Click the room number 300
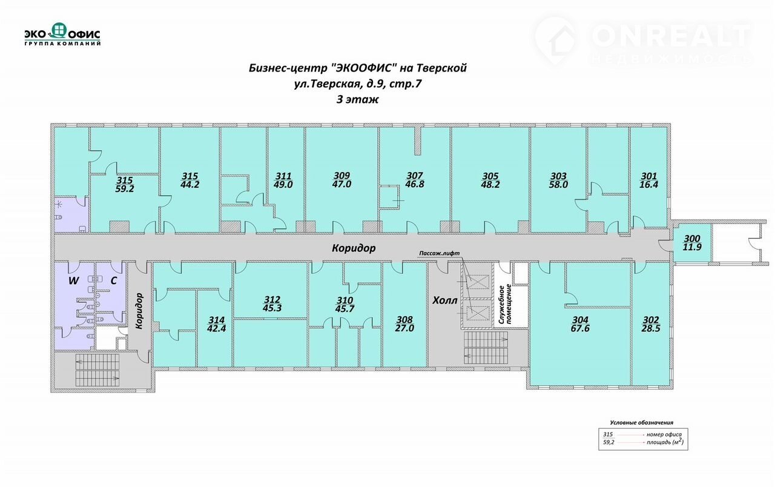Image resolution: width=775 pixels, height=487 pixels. pos(692,239)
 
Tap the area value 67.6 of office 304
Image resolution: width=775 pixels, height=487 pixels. pos(580,328)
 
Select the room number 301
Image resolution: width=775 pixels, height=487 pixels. pos(648,176)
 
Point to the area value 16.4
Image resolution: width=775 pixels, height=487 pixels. pos(648,185)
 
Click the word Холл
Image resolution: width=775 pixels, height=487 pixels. pos(445,300)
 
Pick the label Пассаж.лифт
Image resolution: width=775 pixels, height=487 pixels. pos(440,253)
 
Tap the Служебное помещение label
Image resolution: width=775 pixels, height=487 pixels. pos(505,304)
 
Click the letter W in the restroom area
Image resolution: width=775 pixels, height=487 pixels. pos(73,280)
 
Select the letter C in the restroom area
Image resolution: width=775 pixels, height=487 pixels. pos(113,280)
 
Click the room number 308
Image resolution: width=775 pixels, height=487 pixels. pos(404,319)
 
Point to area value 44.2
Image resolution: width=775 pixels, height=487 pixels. pos(190,185)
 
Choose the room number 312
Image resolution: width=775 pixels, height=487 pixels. pos(272,299)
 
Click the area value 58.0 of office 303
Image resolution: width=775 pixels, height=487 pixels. pos(558,185)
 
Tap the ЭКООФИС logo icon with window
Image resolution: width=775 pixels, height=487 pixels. pos(59,30)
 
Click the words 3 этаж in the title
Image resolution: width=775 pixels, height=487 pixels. pos(358,100)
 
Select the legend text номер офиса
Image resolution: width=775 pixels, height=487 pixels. pos(664,434)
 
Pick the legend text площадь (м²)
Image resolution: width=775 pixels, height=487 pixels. pos(665,442)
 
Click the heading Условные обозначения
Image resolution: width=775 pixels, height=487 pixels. pos(641,422)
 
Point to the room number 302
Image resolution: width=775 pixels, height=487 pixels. pos(651,320)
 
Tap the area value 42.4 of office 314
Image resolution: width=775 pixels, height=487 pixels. pos(216,328)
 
